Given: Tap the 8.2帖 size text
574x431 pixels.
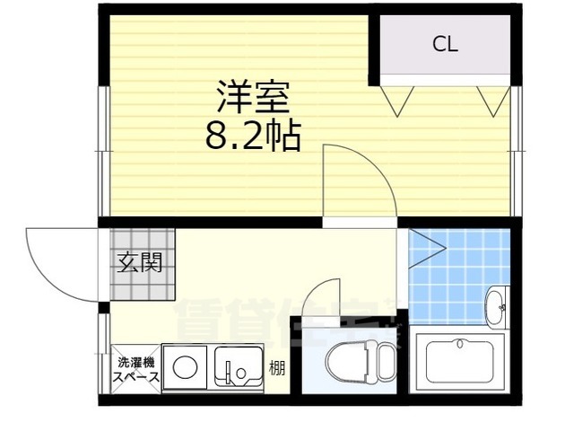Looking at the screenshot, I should (253, 136).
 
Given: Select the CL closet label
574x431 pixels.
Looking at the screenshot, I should (445, 44).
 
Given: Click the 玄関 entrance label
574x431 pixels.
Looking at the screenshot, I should (139, 263).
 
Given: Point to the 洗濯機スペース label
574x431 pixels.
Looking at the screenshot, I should (136, 370).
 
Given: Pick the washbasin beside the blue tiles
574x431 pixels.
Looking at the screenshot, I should (496, 308).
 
